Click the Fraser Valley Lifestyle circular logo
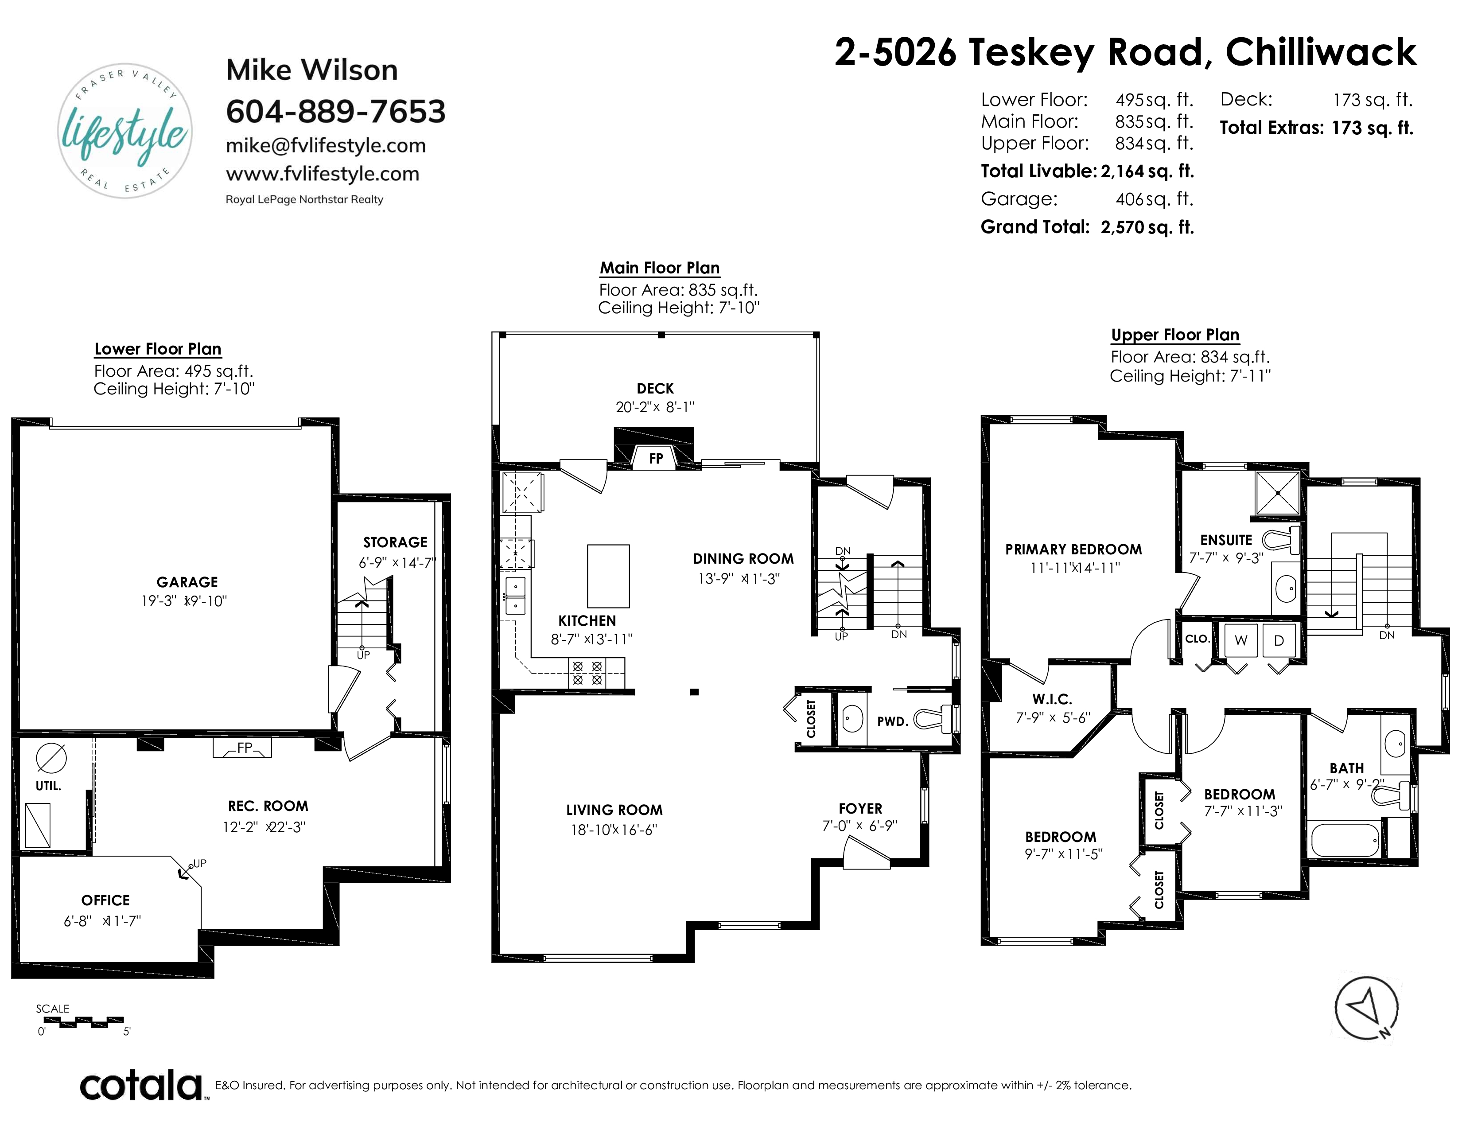125,131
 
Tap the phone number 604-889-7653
335,111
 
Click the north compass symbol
1366,1008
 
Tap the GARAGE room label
187,582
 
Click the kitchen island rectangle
608,576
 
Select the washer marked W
1240,640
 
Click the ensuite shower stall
1277,493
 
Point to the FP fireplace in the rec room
242,748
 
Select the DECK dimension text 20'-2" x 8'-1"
655,407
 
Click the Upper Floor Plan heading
1175,335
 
